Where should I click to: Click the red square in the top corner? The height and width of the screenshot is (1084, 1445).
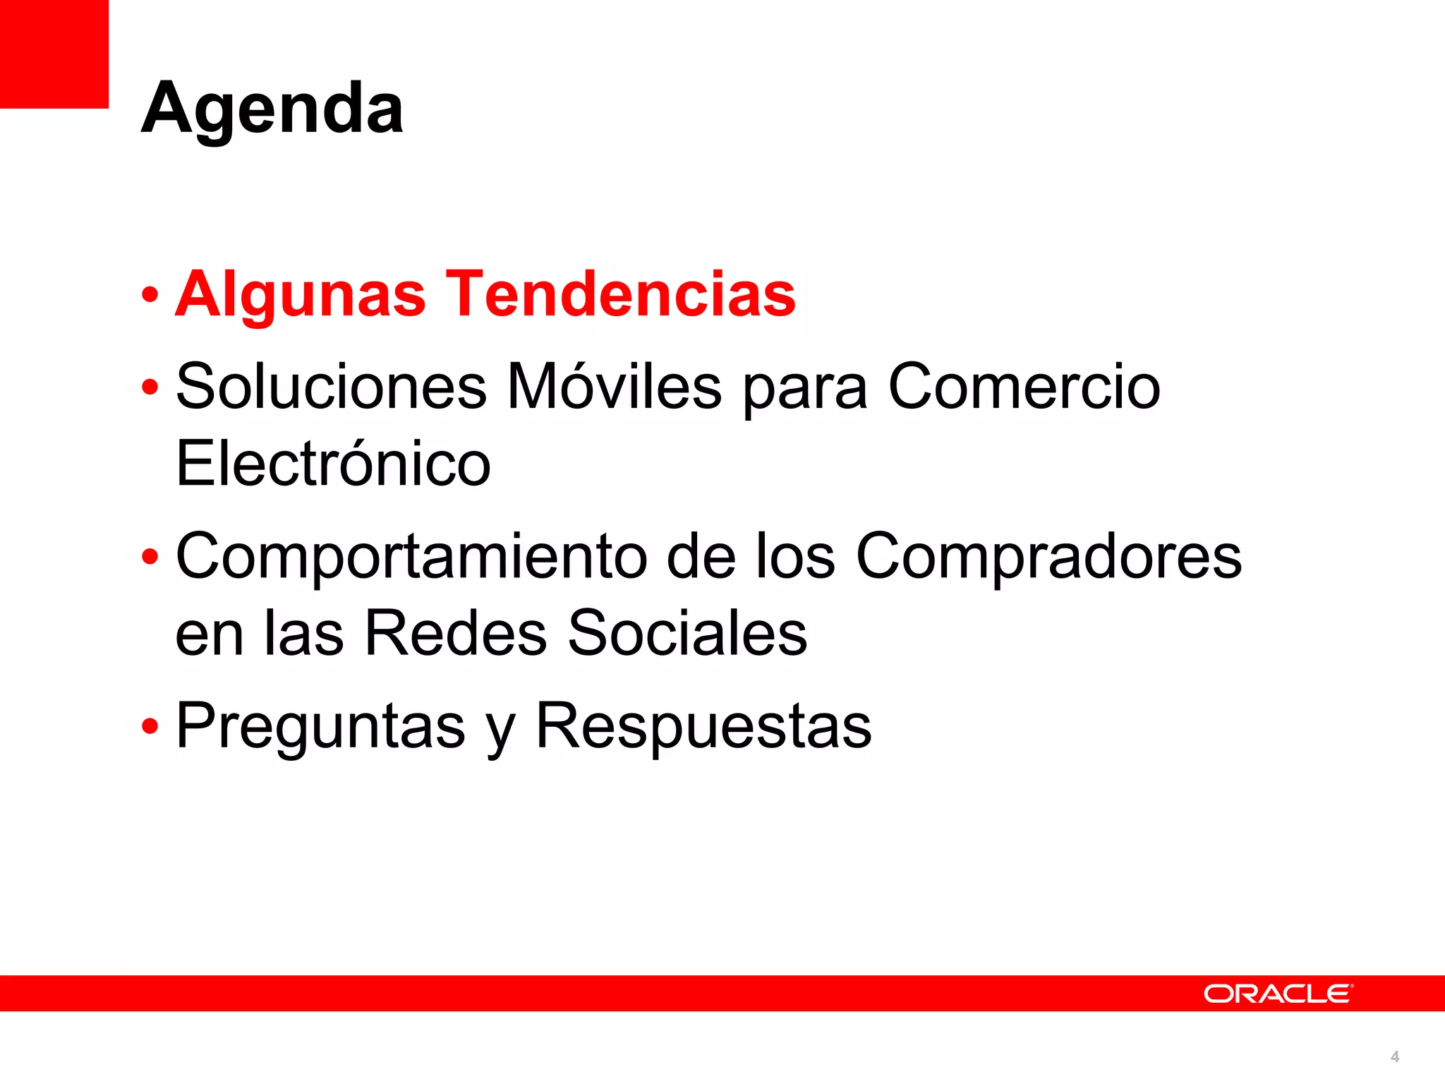[x=54, y=54]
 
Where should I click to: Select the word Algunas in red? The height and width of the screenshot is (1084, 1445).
[x=300, y=294]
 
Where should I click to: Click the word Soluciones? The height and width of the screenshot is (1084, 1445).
[x=331, y=387]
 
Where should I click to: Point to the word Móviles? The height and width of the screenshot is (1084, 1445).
[x=614, y=387]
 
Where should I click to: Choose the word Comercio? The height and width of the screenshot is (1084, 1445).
[x=1024, y=387]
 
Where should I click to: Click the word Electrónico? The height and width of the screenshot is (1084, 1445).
[x=332, y=464]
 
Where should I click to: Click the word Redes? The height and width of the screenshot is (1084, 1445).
[x=455, y=633]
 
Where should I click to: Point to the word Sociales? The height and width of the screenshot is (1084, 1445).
[x=687, y=633]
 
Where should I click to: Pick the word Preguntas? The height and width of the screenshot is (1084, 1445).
[x=320, y=727]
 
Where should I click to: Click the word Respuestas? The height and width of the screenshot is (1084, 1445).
[x=703, y=727]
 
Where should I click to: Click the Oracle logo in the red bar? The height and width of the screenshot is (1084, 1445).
[x=1278, y=994]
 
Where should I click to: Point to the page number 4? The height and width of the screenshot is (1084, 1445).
[x=1394, y=1056]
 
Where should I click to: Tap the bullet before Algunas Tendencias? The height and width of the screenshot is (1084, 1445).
[x=150, y=295]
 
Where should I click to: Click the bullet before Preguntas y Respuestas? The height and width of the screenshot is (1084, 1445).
[x=150, y=726]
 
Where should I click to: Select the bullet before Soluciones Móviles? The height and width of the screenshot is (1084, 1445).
[x=150, y=387]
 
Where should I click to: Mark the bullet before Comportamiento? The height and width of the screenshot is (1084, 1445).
[x=150, y=557]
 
